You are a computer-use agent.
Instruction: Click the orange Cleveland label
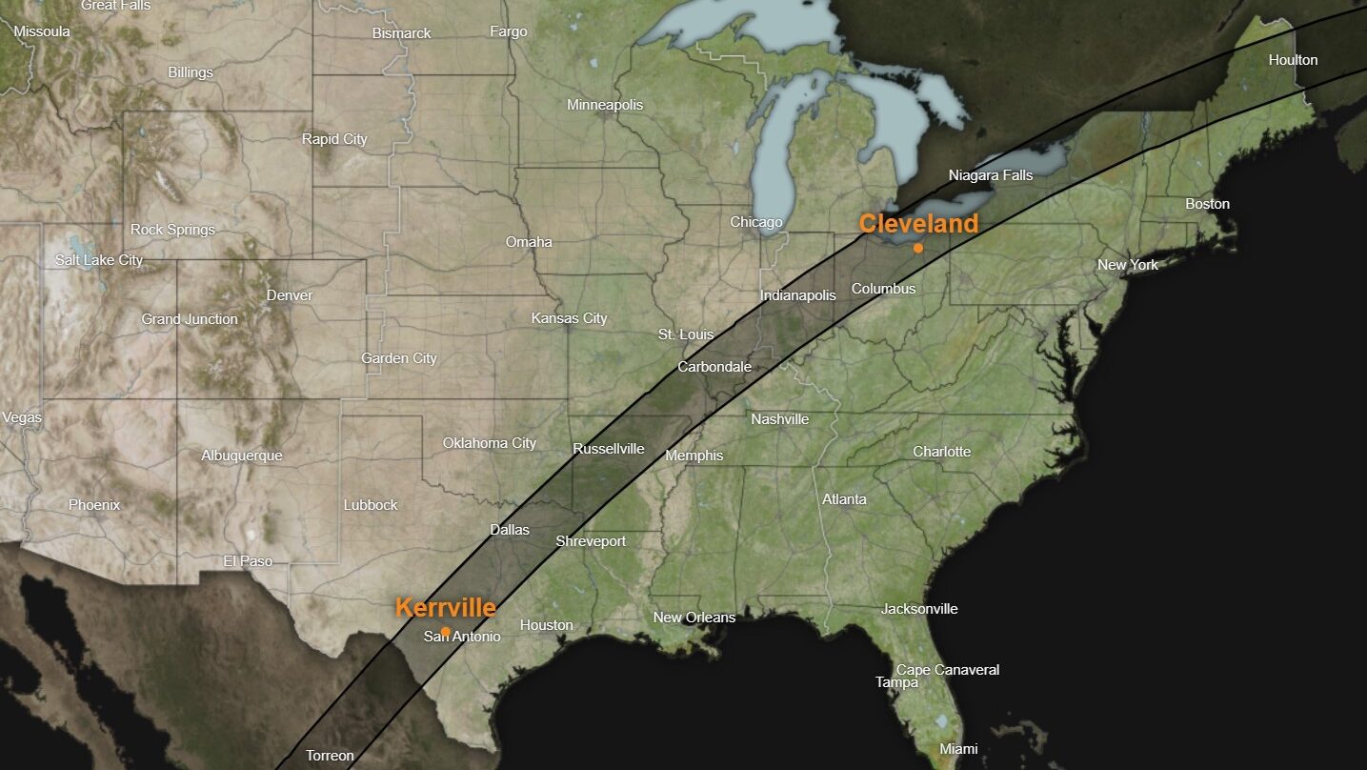[x=918, y=224]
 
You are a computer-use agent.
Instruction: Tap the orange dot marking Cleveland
[x=917, y=248]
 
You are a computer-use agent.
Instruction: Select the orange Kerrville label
[x=445, y=608]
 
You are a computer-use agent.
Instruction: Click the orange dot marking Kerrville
[x=446, y=631]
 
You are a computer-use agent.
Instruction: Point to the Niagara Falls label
[x=991, y=175]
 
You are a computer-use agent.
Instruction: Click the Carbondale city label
[x=714, y=367]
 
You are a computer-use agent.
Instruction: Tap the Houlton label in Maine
[x=1293, y=60]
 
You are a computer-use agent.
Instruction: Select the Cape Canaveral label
[x=948, y=670]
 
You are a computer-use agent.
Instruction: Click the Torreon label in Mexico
[x=330, y=756]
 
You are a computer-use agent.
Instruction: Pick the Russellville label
[x=609, y=449]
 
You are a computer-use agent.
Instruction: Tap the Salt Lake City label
[x=99, y=260]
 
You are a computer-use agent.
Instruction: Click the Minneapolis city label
[x=605, y=105]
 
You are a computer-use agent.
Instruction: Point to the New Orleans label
[x=694, y=618]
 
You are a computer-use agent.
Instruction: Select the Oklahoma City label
[x=490, y=443]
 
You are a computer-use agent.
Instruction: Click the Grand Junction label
[x=190, y=319]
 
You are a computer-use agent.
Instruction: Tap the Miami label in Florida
[x=958, y=749]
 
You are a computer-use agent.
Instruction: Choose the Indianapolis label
[x=797, y=295]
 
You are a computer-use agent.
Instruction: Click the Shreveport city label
[x=591, y=541]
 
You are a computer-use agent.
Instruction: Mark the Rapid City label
[x=334, y=139]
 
